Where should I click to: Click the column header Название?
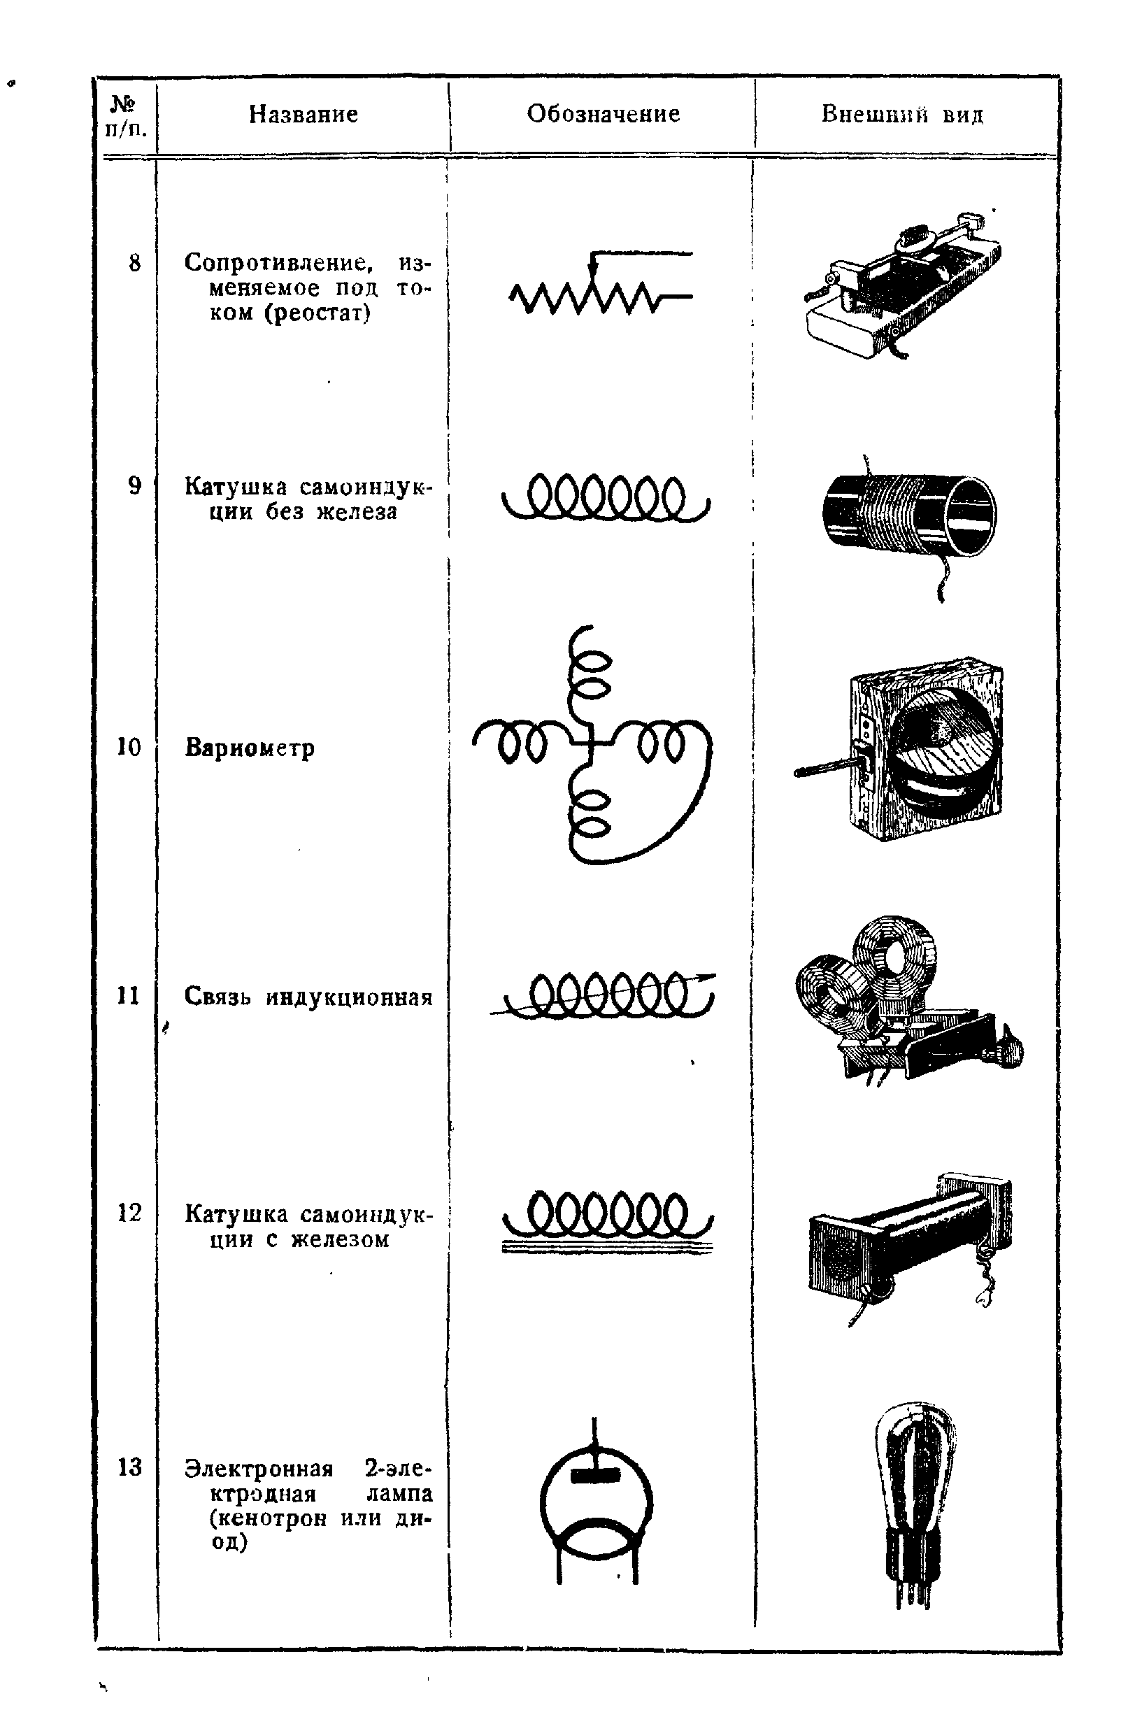point(304,114)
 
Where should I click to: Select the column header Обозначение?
point(603,113)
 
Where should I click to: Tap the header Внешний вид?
point(902,114)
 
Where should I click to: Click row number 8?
point(134,262)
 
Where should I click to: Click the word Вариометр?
point(250,748)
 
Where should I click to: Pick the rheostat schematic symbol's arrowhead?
point(594,271)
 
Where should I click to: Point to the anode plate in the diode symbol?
point(595,1475)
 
